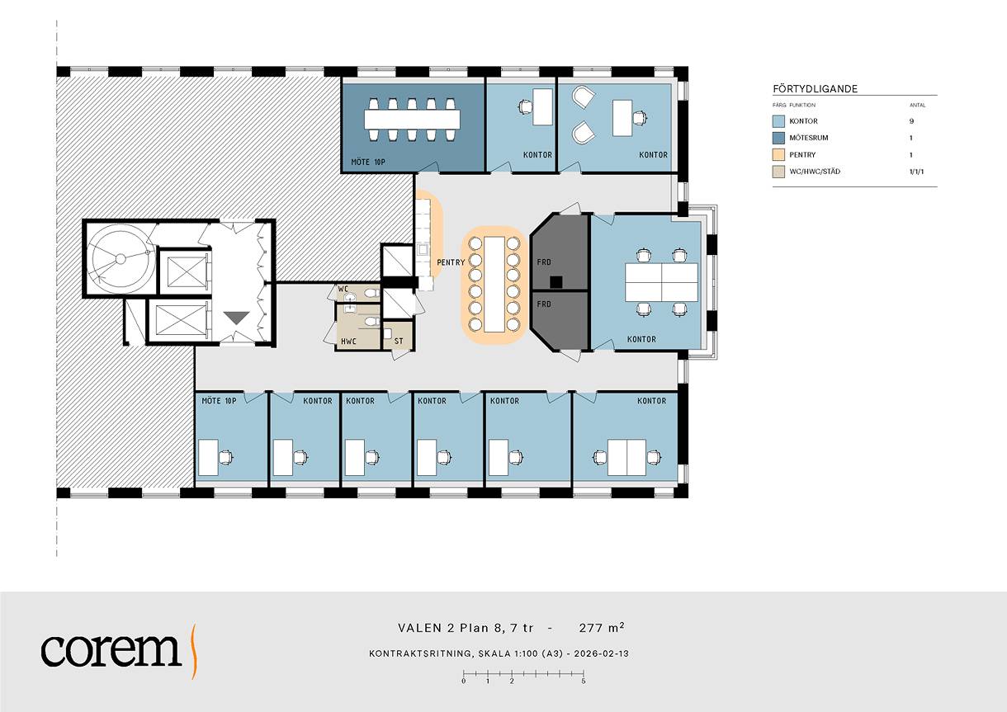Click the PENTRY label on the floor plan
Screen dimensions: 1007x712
click(451, 262)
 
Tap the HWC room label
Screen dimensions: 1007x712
click(348, 342)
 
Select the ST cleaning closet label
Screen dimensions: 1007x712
click(399, 342)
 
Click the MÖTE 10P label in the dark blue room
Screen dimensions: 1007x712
click(368, 162)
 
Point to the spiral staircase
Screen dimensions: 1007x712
click(121, 258)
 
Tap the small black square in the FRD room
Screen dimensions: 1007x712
click(556, 281)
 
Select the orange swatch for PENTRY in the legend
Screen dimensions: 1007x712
click(778, 154)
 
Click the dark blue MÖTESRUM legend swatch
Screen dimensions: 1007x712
click(778, 138)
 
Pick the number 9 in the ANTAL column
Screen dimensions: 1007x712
click(911, 120)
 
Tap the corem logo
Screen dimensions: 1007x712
click(119, 650)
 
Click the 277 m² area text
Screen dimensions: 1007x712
click(602, 628)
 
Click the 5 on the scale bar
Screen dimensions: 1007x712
click(583, 681)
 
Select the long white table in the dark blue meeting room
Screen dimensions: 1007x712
click(412, 120)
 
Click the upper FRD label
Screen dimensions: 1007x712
click(543, 262)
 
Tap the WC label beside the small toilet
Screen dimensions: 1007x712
click(343, 289)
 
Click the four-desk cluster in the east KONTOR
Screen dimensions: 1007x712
click(661, 282)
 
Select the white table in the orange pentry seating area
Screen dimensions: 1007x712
click(494, 284)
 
